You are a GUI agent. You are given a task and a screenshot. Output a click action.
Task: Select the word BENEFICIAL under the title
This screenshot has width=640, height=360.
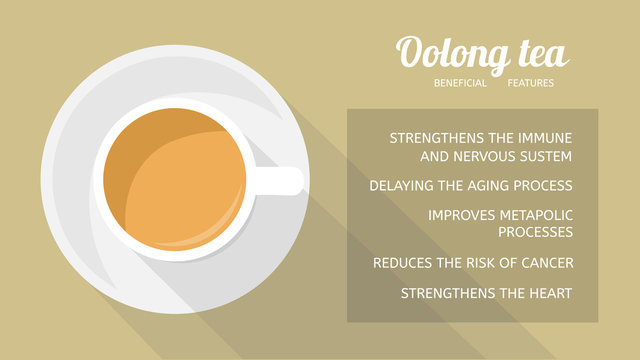[460, 83]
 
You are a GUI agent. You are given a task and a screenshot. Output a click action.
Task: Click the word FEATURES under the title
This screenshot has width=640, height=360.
[530, 83]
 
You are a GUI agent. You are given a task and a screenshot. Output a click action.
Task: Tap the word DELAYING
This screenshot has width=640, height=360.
[402, 186]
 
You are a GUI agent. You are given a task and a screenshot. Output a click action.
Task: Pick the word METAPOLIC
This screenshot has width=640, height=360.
[538, 215]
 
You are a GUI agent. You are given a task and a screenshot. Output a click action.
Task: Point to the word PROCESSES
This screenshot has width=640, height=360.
[535, 232]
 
